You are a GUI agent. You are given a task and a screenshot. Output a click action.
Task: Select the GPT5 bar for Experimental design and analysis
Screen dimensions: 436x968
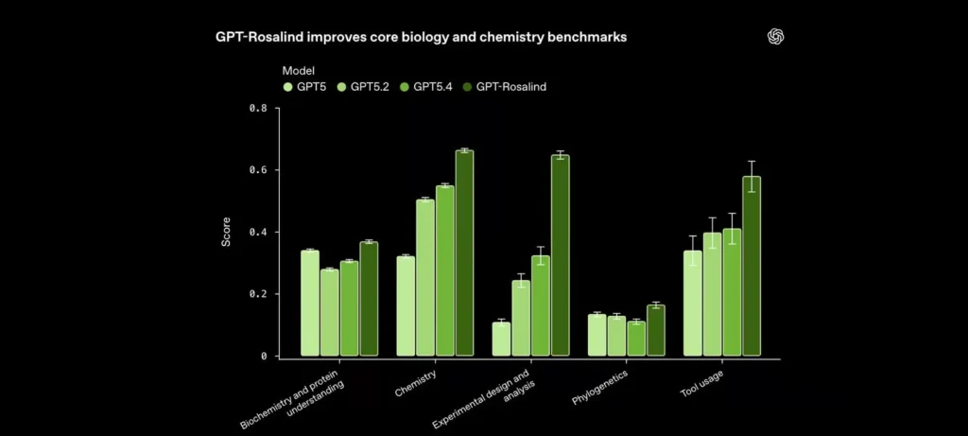click(x=502, y=339)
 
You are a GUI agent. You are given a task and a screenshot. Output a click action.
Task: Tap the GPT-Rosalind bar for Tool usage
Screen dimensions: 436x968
click(x=752, y=266)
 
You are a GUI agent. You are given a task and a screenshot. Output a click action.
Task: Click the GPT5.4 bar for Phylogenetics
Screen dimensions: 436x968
click(x=636, y=339)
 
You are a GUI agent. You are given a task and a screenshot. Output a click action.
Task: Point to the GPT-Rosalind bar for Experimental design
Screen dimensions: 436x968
click(x=561, y=255)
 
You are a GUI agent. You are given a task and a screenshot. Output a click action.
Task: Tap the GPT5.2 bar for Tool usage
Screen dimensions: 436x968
click(x=712, y=294)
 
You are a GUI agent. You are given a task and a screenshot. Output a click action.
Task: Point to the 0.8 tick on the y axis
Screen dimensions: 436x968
click(x=257, y=108)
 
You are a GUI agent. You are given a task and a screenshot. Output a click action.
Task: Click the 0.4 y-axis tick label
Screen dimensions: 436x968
click(x=257, y=232)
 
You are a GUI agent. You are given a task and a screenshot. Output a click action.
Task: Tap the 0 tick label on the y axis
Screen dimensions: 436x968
click(x=264, y=357)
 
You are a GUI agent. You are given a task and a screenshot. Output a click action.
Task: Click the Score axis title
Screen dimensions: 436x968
click(x=226, y=233)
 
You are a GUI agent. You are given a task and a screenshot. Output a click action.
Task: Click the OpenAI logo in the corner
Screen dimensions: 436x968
click(x=776, y=37)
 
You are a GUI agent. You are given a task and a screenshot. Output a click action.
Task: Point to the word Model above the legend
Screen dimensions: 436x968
click(x=299, y=70)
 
